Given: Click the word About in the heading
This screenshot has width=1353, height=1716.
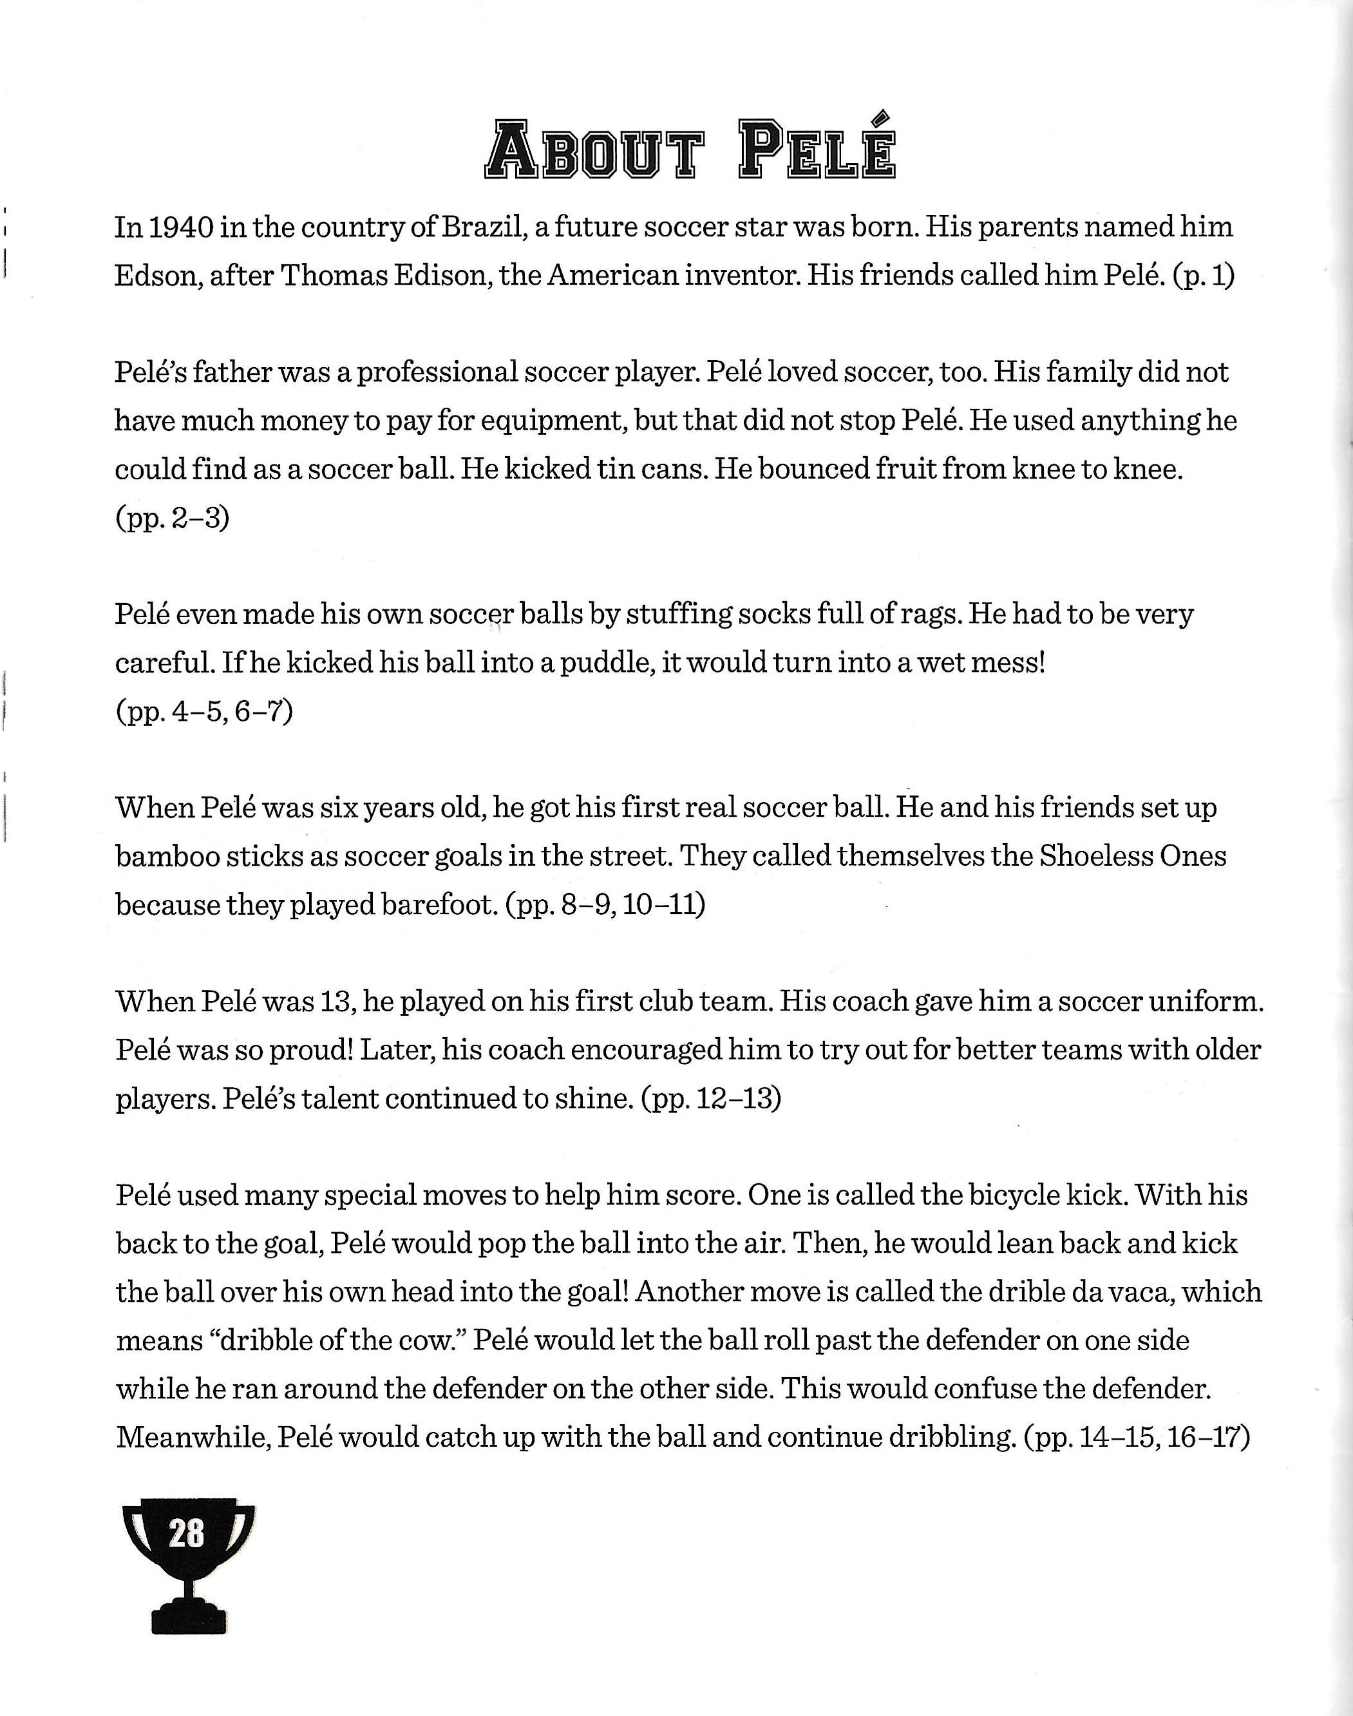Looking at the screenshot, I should click(593, 149).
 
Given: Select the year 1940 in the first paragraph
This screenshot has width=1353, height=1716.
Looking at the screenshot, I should click(182, 227).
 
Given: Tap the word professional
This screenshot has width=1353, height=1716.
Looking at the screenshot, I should click(438, 373).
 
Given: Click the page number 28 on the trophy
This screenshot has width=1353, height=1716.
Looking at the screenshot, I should click(187, 1533).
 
